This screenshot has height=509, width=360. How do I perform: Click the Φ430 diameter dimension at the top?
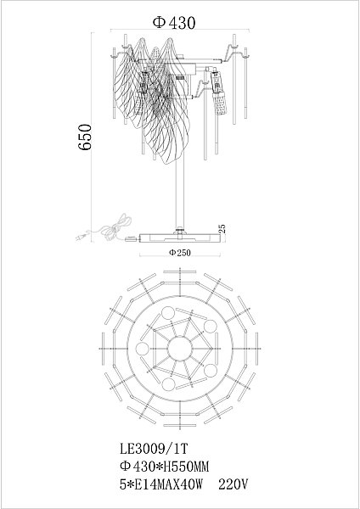click(x=174, y=23)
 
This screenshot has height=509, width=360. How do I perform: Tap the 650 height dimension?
click(x=84, y=137)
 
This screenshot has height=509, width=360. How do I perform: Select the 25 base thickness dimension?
click(x=222, y=230)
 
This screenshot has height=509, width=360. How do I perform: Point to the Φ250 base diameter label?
click(x=180, y=252)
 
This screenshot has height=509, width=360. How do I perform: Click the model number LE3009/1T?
click(x=154, y=449)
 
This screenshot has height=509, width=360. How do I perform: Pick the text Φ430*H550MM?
click(x=164, y=467)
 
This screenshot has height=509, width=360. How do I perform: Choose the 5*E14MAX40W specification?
click(x=161, y=484)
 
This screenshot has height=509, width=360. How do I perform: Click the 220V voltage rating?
click(x=233, y=484)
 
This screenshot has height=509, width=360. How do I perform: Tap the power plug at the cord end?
click(x=81, y=237)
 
